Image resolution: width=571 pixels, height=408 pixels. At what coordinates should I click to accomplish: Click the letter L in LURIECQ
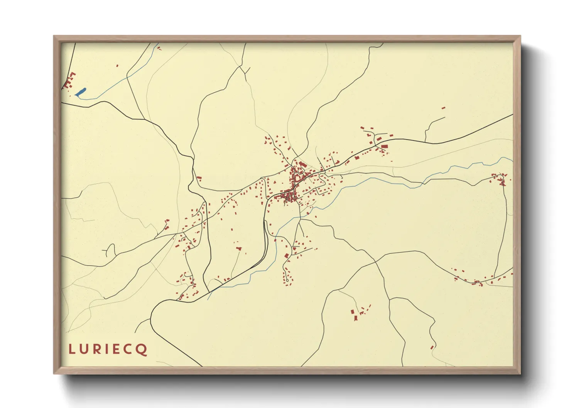click(71, 349)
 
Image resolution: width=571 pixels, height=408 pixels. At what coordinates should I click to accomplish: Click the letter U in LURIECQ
click(83, 349)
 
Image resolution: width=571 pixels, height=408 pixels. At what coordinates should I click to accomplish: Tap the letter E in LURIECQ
click(117, 349)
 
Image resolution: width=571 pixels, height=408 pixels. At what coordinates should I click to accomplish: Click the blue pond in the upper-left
click(81, 92)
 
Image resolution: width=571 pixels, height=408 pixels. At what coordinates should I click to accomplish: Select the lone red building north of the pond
click(117, 66)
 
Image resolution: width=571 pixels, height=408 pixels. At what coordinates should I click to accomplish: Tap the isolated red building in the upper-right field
click(443, 108)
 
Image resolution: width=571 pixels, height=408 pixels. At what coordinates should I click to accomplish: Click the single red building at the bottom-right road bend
click(432, 347)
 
